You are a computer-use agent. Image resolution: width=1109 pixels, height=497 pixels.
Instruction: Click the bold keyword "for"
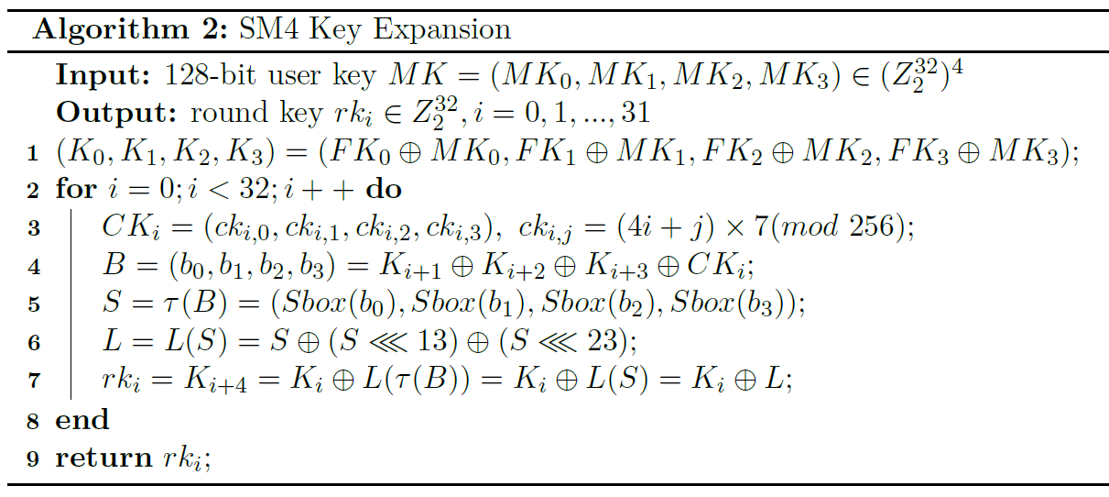(76, 190)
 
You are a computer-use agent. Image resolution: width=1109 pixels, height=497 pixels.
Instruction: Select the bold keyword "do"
(384, 190)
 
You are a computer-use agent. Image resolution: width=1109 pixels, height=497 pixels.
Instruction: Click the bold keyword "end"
(82, 420)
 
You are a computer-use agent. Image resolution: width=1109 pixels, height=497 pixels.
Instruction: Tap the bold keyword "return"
(103, 458)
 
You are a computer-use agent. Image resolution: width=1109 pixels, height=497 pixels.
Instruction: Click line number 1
(32, 152)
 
